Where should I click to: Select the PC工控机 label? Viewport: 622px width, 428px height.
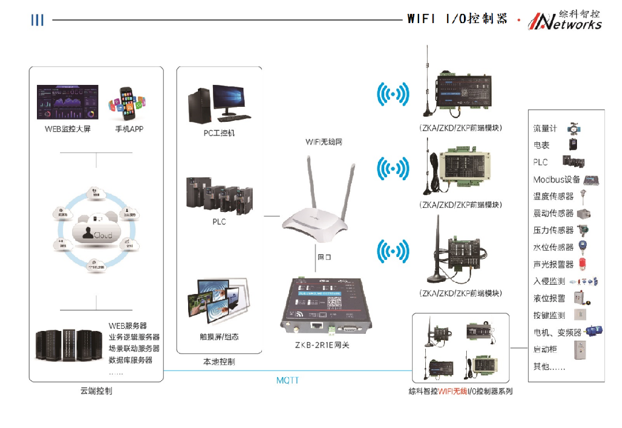click(219, 133)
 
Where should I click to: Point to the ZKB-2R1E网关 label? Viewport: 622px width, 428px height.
click(322, 345)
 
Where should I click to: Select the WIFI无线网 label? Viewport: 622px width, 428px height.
click(324, 142)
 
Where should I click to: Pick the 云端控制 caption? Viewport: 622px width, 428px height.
click(96, 391)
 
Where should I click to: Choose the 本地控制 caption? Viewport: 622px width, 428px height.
click(219, 362)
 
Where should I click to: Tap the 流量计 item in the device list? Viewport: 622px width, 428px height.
click(545, 128)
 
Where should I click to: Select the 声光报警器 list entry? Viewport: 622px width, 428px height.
click(553, 265)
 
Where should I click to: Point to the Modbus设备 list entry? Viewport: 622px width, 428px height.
click(556, 180)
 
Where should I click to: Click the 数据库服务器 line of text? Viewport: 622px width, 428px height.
click(130, 360)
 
